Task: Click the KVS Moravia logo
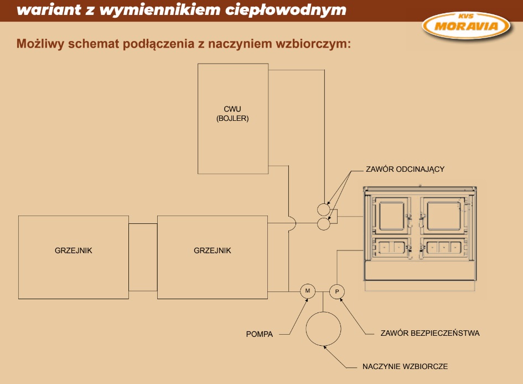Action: point(466,25)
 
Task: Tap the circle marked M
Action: point(308,291)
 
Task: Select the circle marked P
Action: point(337,291)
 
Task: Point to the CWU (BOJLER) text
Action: point(232,114)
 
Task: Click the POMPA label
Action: point(260,334)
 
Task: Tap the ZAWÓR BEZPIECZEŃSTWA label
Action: point(430,333)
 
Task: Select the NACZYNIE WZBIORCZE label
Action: point(405,366)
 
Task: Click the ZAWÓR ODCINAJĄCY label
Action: point(405,170)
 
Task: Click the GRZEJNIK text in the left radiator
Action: point(74,250)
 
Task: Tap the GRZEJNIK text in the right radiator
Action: point(213,250)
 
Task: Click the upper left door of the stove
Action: point(392,216)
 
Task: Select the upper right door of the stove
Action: point(444,216)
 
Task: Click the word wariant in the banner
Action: point(49,10)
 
